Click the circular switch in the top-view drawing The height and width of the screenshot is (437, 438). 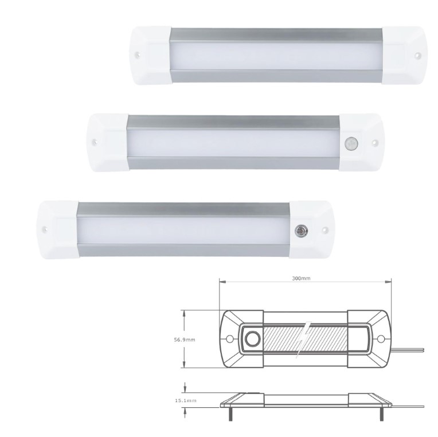click(252, 340)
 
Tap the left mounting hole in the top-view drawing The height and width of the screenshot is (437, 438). click(232, 340)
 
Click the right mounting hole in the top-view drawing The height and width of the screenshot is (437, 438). click(379, 340)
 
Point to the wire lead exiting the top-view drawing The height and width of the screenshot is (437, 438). click(410, 348)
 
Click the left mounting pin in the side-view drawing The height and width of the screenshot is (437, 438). click(231, 412)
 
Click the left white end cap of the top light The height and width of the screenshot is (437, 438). click(150, 55)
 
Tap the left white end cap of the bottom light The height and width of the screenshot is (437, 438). click(56, 229)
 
